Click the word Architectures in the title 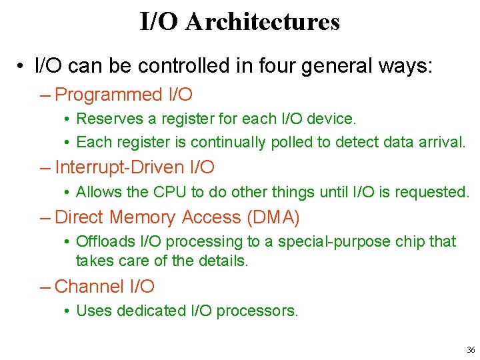coord(263,22)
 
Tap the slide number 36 coord(471,349)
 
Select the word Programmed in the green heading coord(109,95)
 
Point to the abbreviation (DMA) coord(273,217)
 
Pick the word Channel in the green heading coord(89,287)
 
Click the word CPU coord(170,193)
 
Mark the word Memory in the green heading coord(144,217)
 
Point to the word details coord(224,261)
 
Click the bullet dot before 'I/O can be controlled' coord(22,67)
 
